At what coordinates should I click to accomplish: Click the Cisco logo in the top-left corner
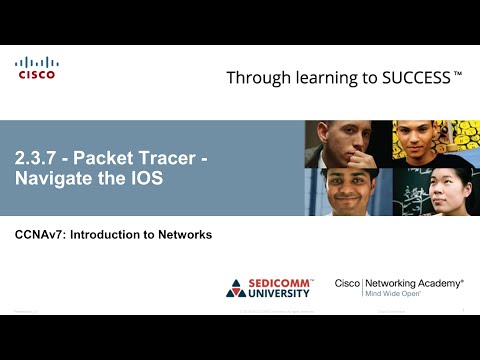pyautogui.click(x=36, y=68)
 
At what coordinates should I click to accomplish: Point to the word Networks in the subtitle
pyautogui.click(x=186, y=234)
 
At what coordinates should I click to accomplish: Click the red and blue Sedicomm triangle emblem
pyautogui.click(x=236, y=288)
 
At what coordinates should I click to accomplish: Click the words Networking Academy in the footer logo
pyautogui.click(x=414, y=283)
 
